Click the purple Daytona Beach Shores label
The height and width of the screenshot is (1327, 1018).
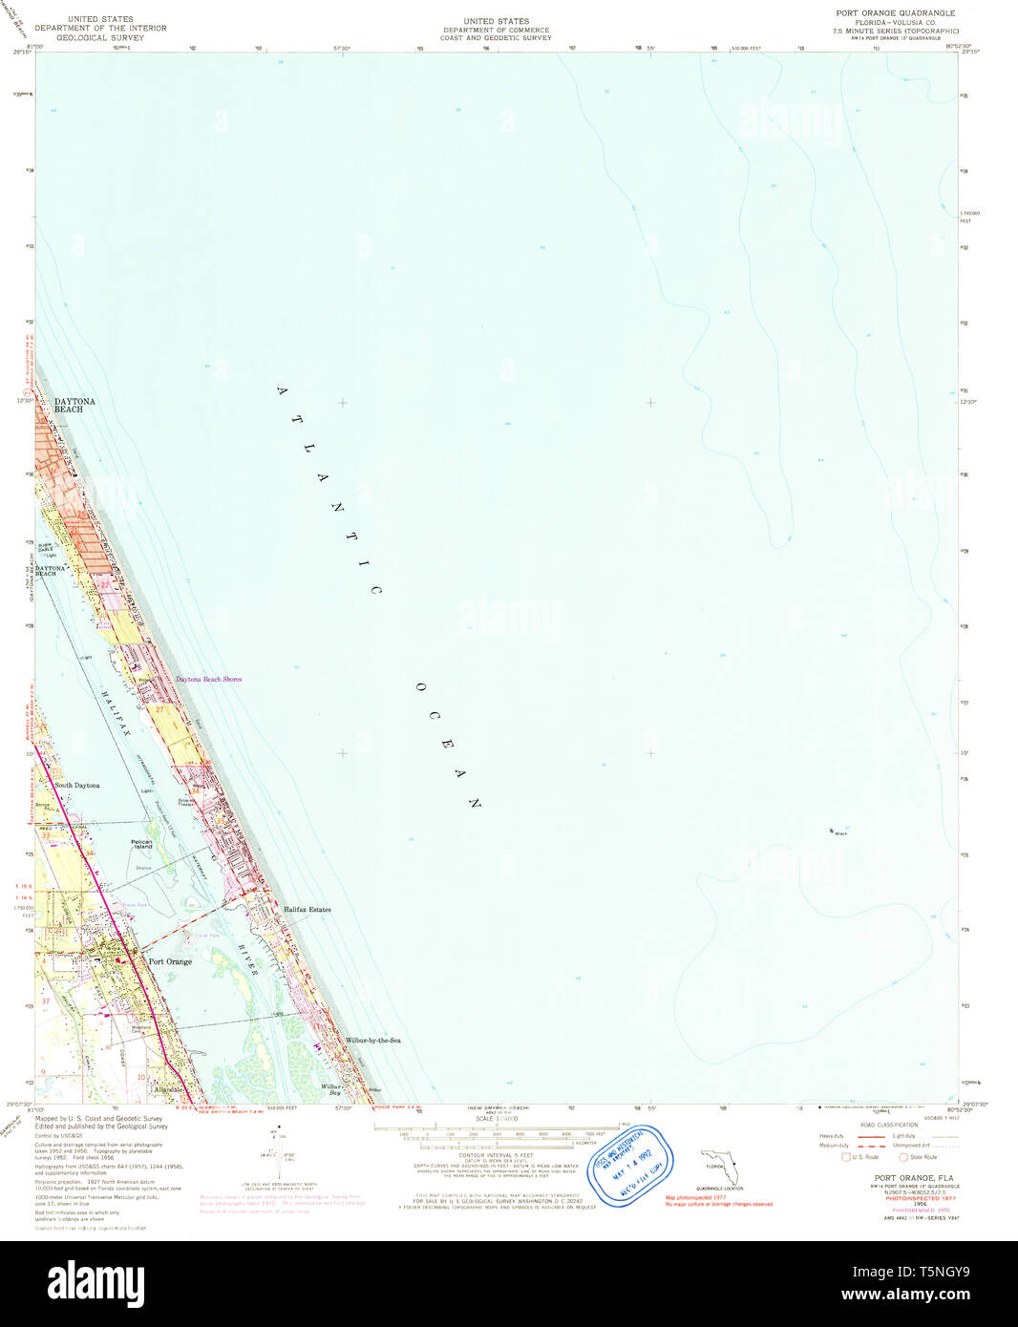[208, 679]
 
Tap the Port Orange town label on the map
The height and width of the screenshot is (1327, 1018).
[170, 961]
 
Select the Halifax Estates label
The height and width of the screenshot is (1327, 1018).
[307, 910]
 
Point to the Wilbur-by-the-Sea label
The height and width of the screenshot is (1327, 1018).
[372, 1040]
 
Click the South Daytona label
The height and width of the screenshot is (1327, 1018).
[76, 785]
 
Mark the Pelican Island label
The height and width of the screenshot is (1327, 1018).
[142, 844]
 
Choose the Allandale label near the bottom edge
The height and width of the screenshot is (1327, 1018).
[168, 1089]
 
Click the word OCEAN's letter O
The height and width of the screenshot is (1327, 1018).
[420, 687]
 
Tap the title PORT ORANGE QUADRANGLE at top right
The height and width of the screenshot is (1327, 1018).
[895, 13]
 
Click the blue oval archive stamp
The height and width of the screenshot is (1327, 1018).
[629, 1167]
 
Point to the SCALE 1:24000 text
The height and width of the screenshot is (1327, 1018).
[497, 1119]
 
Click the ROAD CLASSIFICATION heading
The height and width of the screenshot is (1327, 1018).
[888, 1125]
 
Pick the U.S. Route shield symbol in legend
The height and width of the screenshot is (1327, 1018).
[845, 1157]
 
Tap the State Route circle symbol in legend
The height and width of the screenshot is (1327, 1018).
[902, 1157]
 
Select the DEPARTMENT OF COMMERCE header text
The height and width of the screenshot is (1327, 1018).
[496, 30]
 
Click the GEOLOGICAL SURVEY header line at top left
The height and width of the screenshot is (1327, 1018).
[100, 37]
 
